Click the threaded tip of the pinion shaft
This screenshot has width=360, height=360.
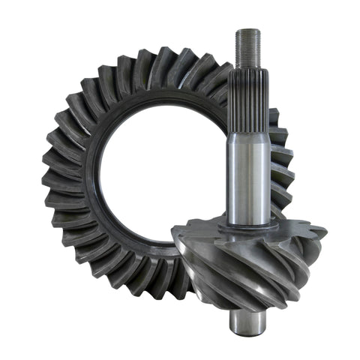[247, 47]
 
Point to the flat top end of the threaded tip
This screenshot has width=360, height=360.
[247, 31]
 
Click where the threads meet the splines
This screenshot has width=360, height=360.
[247, 66]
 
